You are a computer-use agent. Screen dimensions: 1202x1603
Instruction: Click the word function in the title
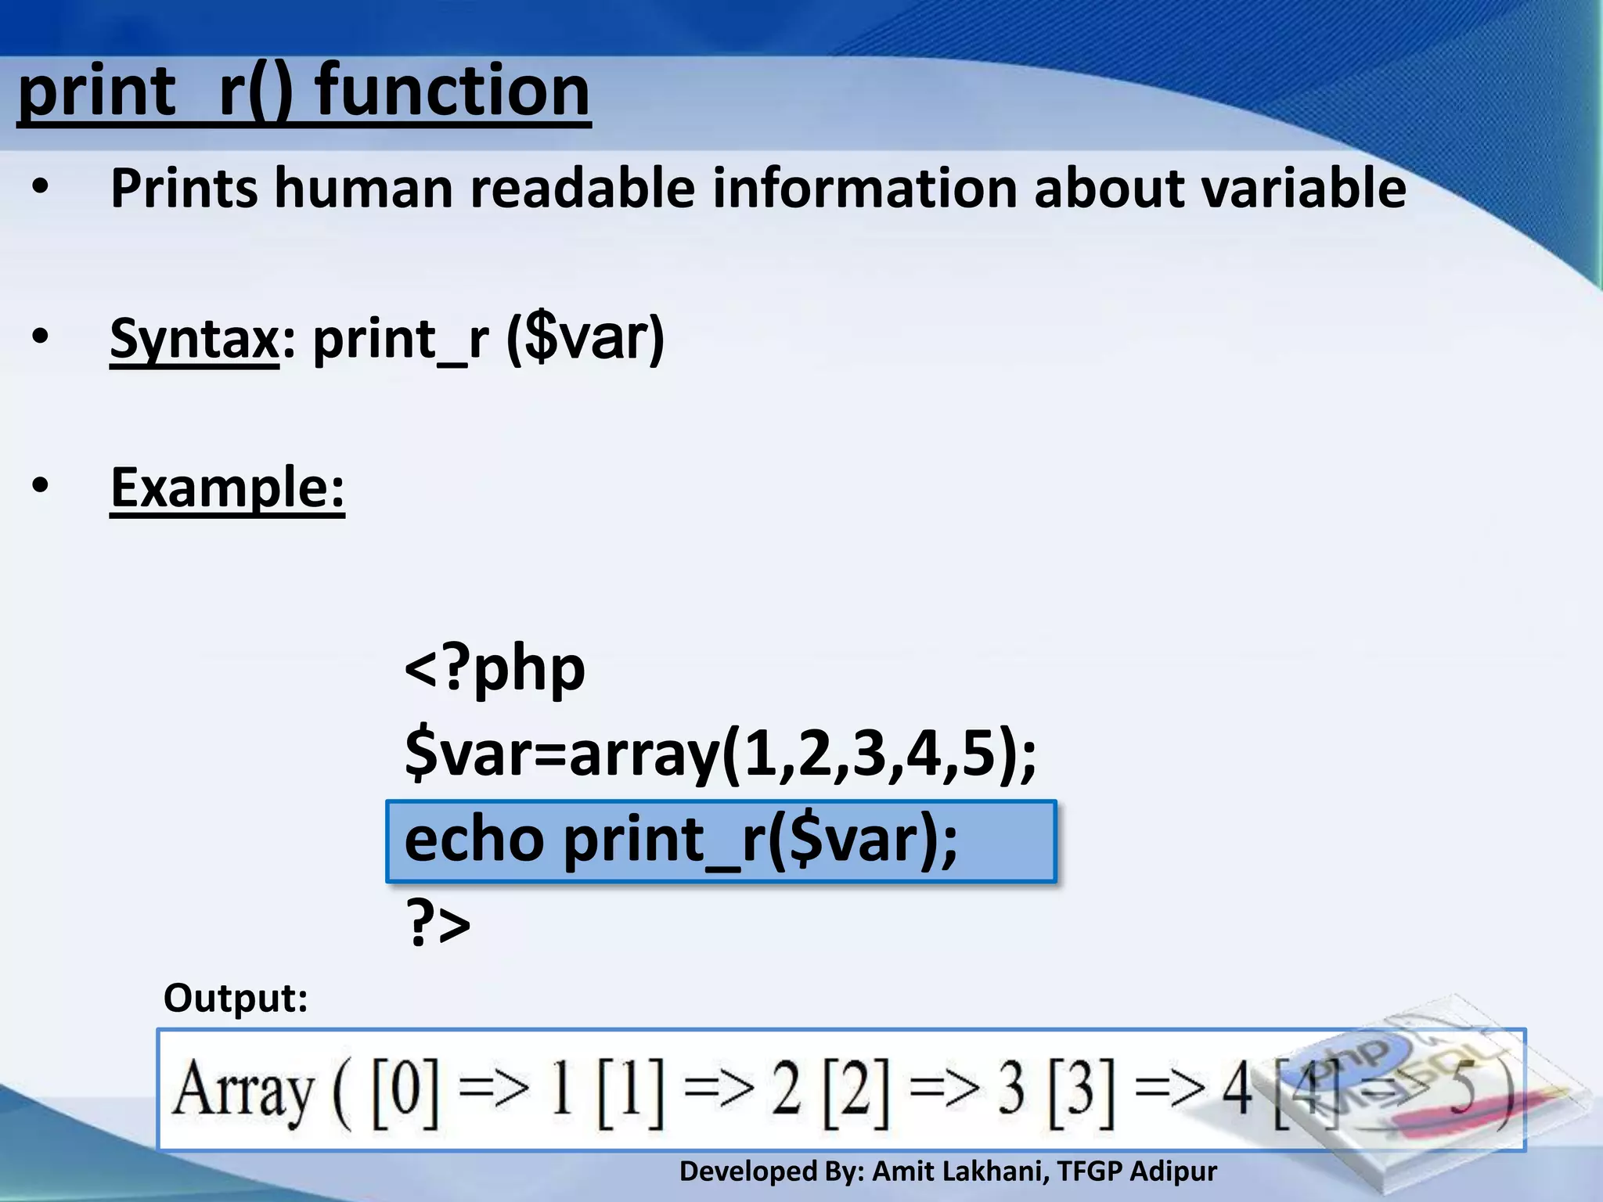pos(452,92)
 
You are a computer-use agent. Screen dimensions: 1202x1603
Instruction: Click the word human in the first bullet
pos(363,189)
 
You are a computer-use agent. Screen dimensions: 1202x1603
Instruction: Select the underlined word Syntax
pos(194,339)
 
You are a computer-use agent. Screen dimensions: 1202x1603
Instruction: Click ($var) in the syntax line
pos(585,339)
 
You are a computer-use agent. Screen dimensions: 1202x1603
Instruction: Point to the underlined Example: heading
pos(227,488)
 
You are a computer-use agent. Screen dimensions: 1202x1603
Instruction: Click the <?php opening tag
pos(495,670)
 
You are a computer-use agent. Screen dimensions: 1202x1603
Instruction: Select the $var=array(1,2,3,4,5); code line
pos(720,755)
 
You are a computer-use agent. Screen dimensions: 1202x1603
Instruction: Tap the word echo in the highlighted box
pos(474,840)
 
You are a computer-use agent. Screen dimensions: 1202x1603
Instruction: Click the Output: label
pos(235,998)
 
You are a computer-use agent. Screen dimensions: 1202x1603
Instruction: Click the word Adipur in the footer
pos(1173,1171)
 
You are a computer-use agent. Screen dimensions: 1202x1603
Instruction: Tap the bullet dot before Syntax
pos(40,337)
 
